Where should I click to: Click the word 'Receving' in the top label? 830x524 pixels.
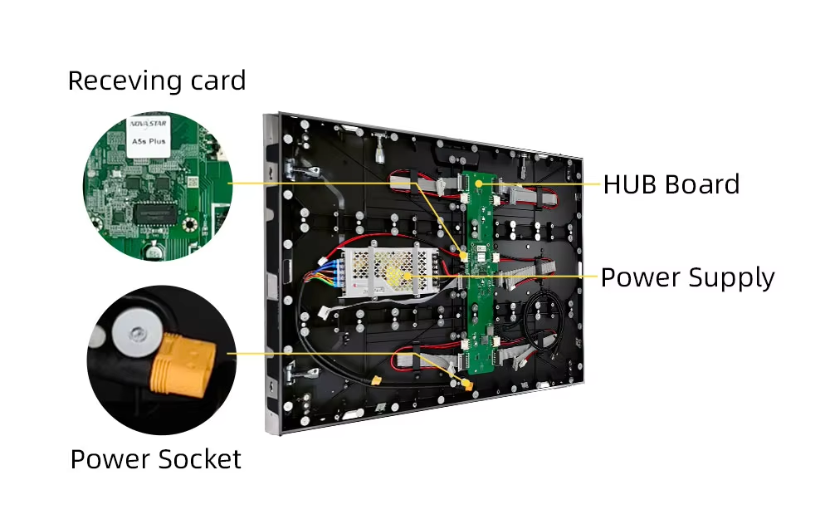[124, 81]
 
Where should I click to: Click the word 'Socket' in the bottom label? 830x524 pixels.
[199, 459]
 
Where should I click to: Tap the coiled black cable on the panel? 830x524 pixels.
[540, 325]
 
